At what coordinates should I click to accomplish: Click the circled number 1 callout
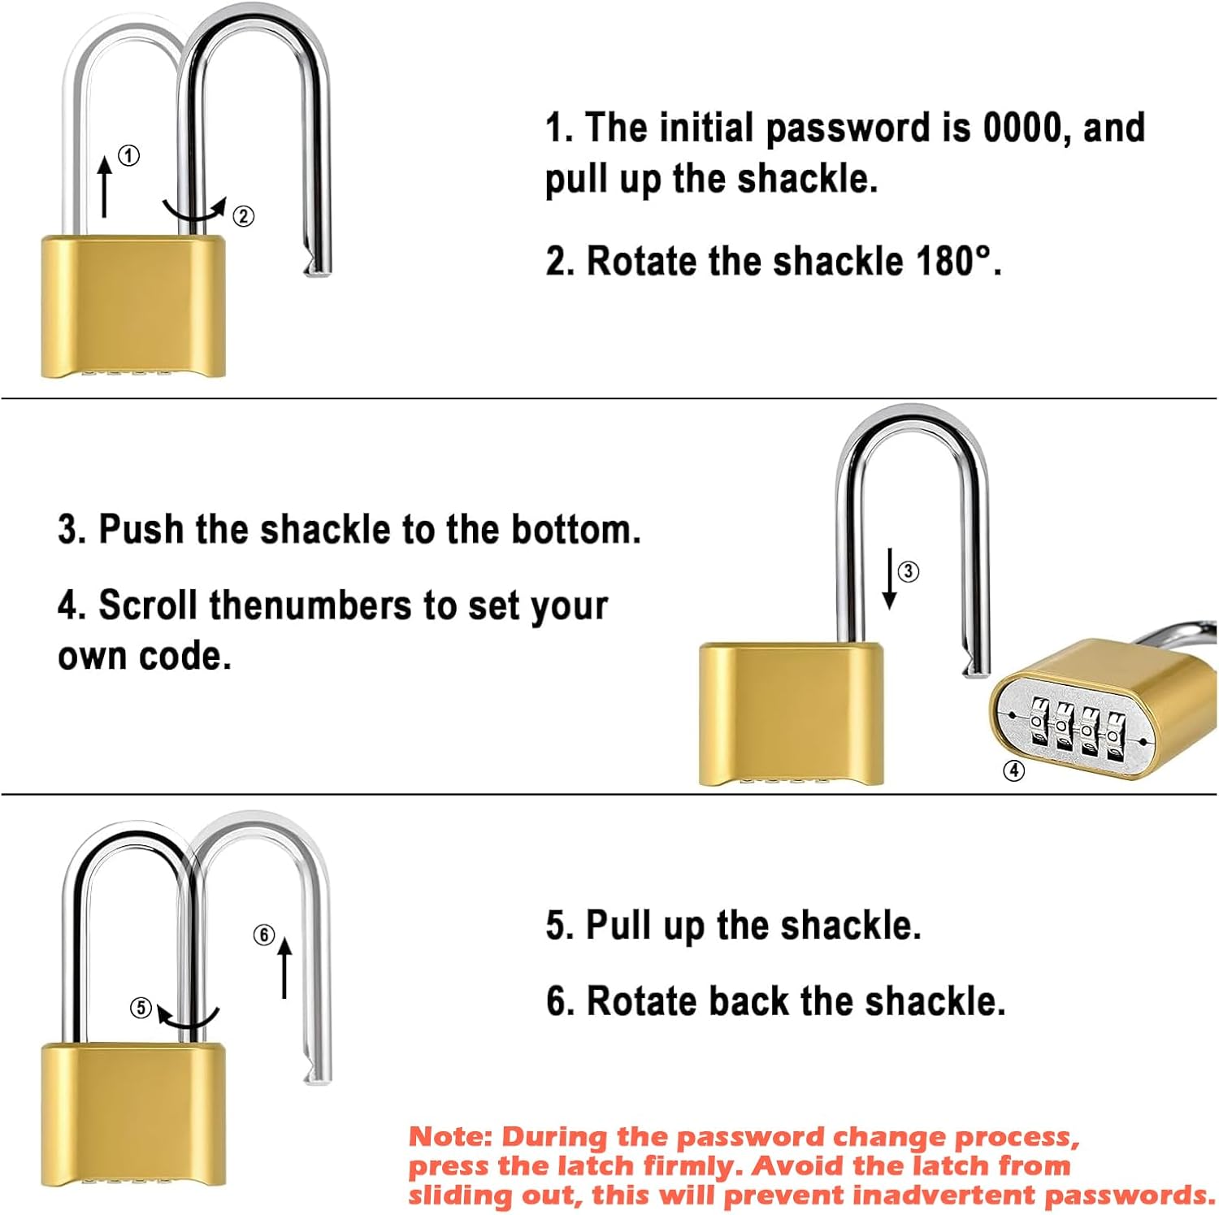pos(128,155)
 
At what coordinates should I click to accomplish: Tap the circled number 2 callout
pos(243,216)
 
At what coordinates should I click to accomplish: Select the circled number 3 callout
pos(908,571)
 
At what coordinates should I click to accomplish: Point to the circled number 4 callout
pos(1013,770)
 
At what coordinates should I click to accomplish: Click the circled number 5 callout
pos(141,1008)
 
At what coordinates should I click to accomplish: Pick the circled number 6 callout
pos(263,935)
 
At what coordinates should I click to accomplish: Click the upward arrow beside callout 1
pos(105,187)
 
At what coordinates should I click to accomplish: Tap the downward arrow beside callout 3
pos(890,579)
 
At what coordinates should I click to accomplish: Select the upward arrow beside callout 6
pos(284,968)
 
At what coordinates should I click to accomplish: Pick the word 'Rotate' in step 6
pos(642,1000)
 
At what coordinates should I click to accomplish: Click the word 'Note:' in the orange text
pos(450,1136)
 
